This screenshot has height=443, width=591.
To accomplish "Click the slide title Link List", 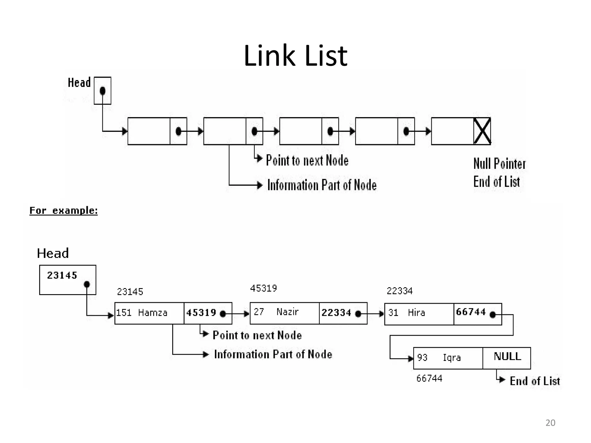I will click(x=295, y=56).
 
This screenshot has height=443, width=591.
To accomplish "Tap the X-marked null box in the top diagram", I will click(x=482, y=131).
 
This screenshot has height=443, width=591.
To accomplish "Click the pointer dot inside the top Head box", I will click(x=102, y=91).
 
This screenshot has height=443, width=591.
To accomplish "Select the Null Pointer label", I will click(x=499, y=164).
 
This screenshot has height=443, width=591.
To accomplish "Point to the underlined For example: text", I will click(x=63, y=210).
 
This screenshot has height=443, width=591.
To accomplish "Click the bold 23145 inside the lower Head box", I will click(x=62, y=275).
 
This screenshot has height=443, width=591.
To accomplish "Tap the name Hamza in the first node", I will click(x=153, y=313).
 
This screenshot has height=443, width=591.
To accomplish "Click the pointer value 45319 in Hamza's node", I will click(x=201, y=313).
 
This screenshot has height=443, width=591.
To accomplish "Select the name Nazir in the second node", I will click(x=287, y=312).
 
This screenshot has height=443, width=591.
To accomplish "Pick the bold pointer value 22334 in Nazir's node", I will click(x=336, y=313).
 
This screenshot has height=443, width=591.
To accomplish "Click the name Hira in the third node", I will click(x=416, y=313).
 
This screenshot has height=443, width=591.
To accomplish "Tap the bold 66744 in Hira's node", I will click(x=471, y=312).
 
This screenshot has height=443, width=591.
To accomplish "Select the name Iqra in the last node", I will click(x=452, y=358).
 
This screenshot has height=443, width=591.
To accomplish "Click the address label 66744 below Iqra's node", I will click(x=429, y=378).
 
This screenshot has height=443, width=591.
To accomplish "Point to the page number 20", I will click(x=550, y=423).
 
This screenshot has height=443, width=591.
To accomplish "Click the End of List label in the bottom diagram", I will click(x=534, y=381).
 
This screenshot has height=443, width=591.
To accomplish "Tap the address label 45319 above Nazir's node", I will click(x=263, y=288).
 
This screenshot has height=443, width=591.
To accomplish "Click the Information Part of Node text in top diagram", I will click(x=322, y=185).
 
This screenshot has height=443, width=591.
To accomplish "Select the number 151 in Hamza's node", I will click(x=124, y=313).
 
